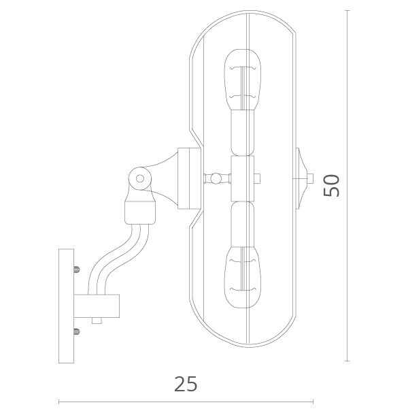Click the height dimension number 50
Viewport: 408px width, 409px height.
(x=331, y=184)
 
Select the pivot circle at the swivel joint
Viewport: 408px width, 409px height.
(x=140, y=178)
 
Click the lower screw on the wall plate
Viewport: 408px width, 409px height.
(x=76, y=331)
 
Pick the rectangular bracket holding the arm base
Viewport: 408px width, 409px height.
(x=98, y=306)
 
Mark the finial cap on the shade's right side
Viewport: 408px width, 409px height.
(x=303, y=180)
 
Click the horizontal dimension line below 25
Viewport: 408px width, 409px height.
(x=185, y=400)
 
